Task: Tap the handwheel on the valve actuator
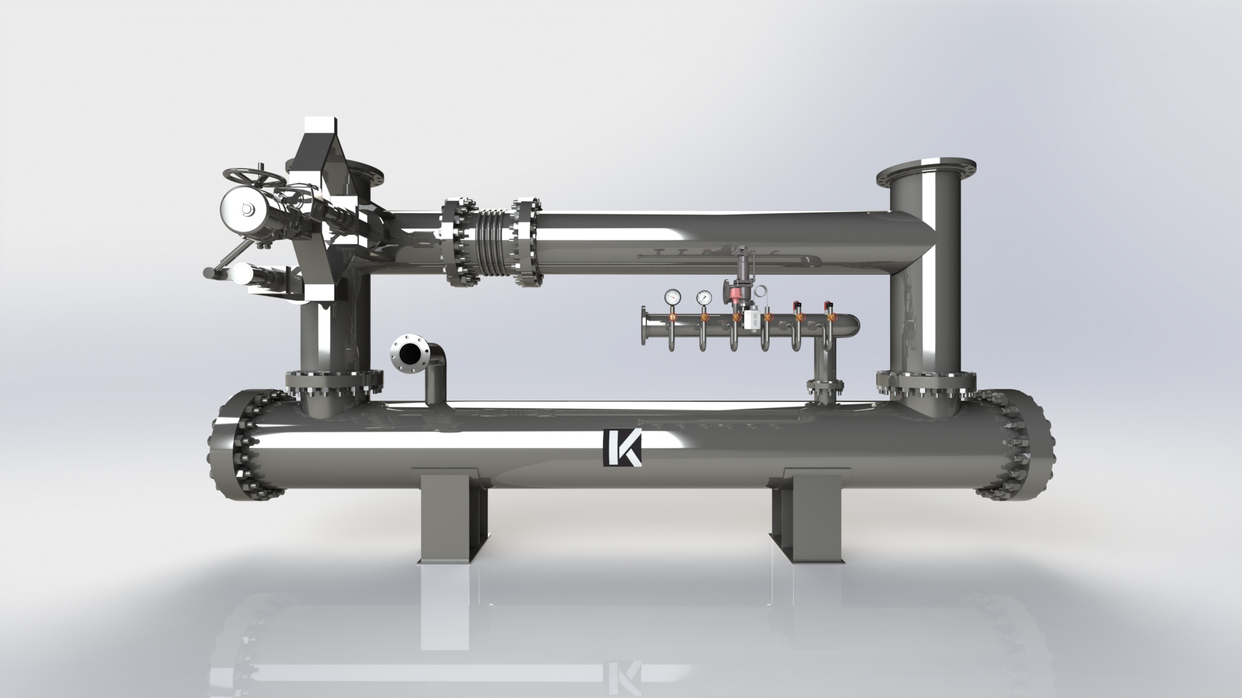point(254,176)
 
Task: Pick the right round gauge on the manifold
point(704,297)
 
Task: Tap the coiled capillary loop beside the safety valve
point(763,293)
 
